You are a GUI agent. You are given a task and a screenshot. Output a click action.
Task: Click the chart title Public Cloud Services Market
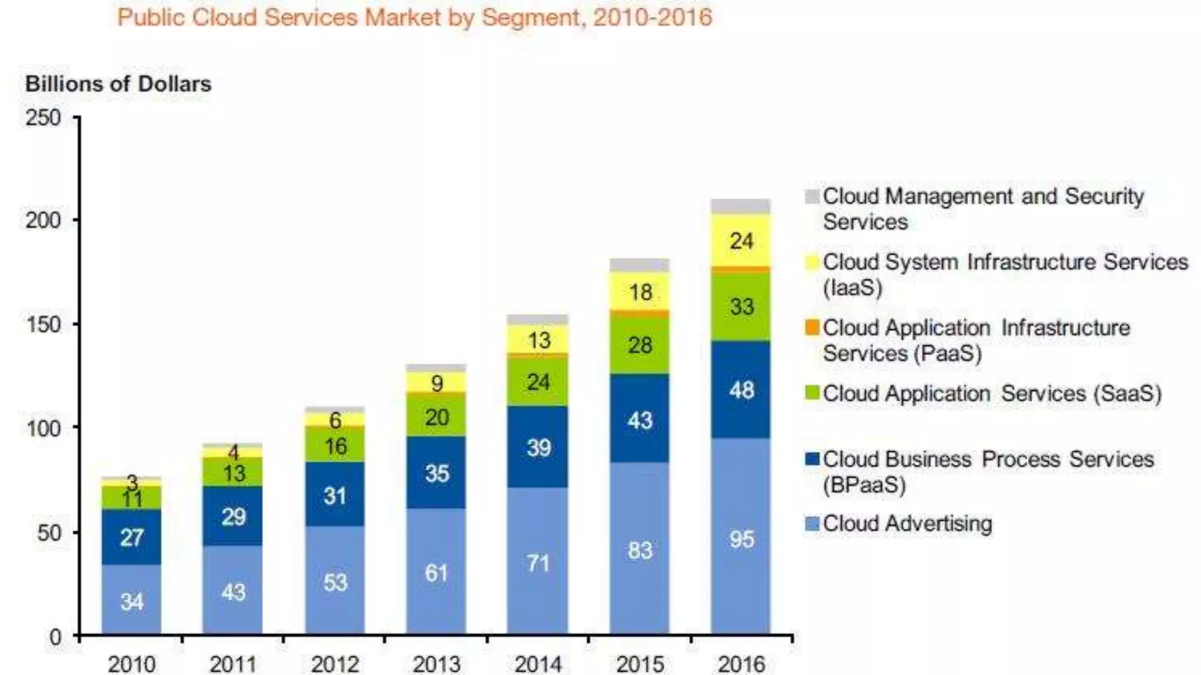[x=414, y=18]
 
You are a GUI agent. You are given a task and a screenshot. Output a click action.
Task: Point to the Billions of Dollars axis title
[x=118, y=84]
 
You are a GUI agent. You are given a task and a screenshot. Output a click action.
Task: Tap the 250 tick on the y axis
[x=43, y=118]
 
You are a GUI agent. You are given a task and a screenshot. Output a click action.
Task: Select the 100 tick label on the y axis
[x=43, y=428]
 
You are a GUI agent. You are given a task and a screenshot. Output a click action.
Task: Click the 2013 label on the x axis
[x=436, y=664]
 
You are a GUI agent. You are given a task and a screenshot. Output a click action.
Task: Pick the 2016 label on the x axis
[x=741, y=664]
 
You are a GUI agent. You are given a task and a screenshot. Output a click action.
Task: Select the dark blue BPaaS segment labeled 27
[x=131, y=537]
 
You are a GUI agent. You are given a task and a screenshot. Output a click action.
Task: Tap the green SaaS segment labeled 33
[x=741, y=306]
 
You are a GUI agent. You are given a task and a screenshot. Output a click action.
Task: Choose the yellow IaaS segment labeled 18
[x=640, y=292]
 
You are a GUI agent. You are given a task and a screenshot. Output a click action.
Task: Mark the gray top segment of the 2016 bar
[x=741, y=206]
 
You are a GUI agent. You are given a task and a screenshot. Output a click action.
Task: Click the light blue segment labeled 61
[x=436, y=572]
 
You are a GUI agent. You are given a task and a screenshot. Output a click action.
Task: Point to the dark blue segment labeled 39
[x=538, y=448]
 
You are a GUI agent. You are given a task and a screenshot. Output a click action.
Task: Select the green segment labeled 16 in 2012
[x=335, y=445]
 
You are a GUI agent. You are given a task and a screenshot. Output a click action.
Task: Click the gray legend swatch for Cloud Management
[x=812, y=196]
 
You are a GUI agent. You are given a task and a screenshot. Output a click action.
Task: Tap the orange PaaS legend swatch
[x=812, y=328]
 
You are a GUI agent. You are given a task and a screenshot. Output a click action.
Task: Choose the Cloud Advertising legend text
[x=907, y=523]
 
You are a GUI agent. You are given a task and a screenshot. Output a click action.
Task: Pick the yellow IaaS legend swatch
[x=812, y=262]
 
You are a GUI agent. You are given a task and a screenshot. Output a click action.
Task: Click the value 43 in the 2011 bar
[x=233, y=592]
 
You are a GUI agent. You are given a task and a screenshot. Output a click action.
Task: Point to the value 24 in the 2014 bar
[x=538, y=382]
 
